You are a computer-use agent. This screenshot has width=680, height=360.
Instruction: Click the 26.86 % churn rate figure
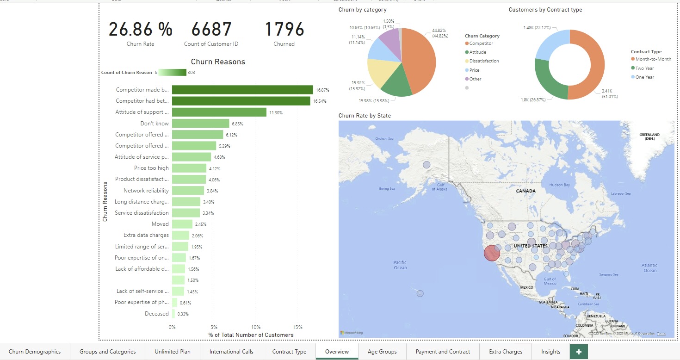(140, 29)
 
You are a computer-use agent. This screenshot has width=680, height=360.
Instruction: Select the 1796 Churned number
(284, 29)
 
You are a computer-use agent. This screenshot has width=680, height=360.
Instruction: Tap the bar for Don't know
(200, 123)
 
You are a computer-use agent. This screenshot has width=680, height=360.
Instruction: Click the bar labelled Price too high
(189, 168)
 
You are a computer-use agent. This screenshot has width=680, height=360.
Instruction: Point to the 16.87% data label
(322, 90)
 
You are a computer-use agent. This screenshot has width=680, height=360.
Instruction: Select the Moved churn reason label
(160, 224)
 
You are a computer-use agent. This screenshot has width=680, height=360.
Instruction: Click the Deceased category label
(156, 314)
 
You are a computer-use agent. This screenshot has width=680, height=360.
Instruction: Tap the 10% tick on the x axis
(255, 327)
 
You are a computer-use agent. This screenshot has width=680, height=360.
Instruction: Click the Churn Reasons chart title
(218, 62)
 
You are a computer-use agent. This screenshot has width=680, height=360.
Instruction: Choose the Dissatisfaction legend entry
(484, 61)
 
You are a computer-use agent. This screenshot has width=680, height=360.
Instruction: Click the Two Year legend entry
(644, 68)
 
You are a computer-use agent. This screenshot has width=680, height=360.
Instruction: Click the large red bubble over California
(492, 253)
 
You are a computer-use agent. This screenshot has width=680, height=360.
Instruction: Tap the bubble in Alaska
(427, 165)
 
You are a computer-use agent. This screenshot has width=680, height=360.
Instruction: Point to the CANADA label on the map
(525, 191)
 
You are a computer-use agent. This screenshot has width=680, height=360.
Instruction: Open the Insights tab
(550, 352)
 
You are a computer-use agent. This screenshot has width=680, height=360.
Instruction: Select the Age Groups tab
(382, 352)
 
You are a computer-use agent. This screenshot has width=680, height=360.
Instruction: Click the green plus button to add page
(579, 352)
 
